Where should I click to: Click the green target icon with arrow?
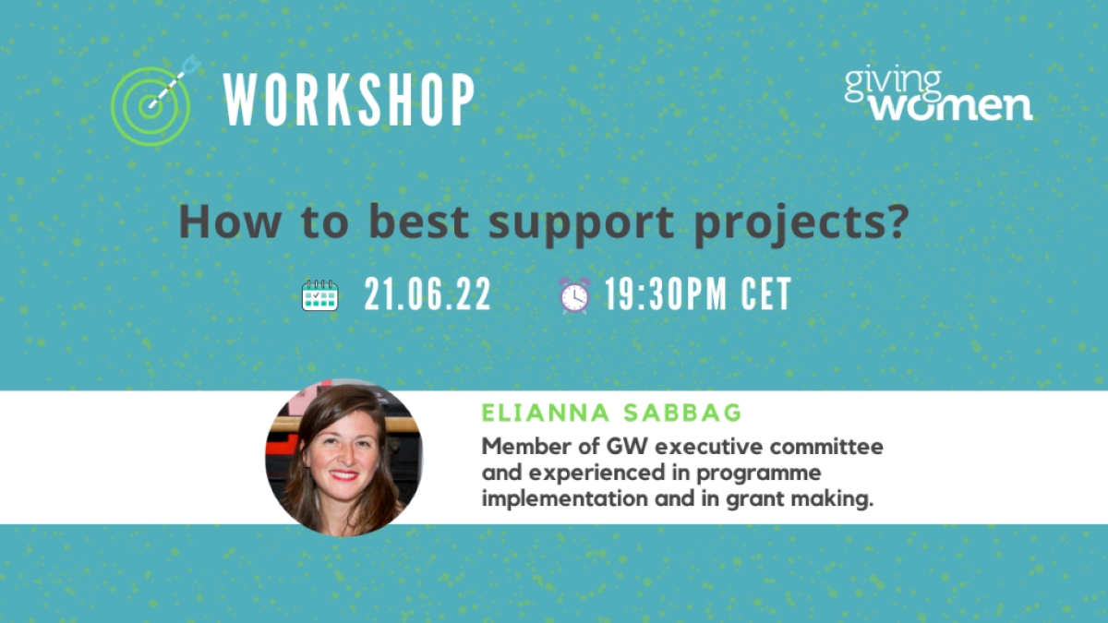(151, 106)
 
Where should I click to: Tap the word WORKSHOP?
(349, 100)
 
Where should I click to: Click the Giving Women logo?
(938, 94)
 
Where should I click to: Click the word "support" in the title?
(581, 225)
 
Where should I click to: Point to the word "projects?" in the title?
(801, 225)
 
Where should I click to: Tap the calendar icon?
(320, 295)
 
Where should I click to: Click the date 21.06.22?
(428, 294)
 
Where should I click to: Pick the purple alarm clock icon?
(574, 295)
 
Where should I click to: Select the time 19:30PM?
(666, 294)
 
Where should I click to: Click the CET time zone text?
(766, 294)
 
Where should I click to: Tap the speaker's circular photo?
(344, 458)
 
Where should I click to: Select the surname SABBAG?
(682, 413)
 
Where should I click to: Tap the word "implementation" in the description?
(565, 499)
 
